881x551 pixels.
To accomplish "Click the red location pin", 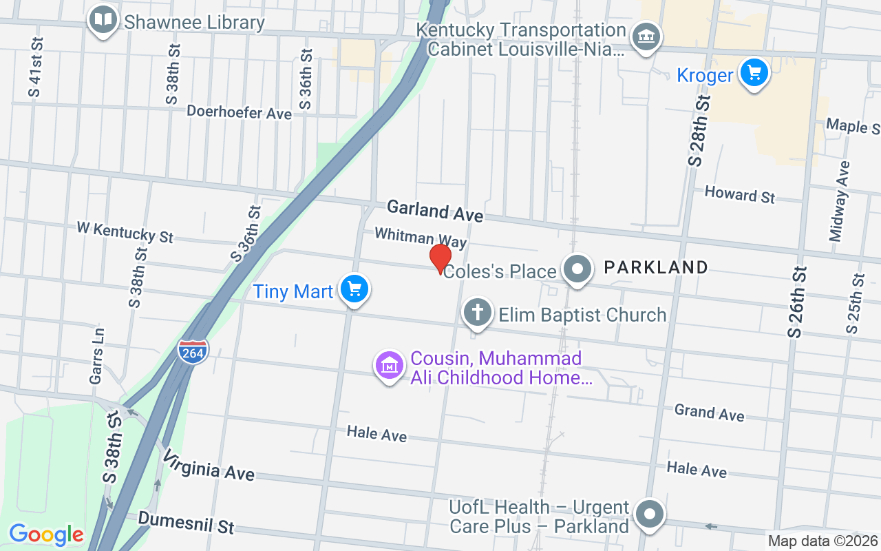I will coord(440,258).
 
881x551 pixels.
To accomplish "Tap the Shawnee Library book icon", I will coord(103,20).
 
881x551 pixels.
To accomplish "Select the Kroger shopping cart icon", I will coord(754,72).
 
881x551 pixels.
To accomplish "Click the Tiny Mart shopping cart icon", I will coord(354,289).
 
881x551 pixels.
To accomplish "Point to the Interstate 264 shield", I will coord(193,351).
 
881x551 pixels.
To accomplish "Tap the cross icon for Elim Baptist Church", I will coord(477,313).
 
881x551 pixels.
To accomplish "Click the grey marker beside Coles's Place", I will coord(577,269).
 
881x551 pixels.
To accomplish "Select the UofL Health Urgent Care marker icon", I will coord(649,514).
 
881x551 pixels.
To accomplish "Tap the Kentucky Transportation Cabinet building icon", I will coord(646,36).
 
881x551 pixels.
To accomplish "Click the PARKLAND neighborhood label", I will coord(655,267).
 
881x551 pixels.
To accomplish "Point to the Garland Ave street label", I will coord(435,211).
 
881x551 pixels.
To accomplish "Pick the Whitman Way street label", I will coord(421,238).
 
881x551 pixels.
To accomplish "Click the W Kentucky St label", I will coord(125,231).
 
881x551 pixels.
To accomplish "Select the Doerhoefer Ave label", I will coord(239,112).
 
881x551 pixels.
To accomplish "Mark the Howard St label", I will coord(739,194).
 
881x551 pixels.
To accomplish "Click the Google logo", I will coord(46,534).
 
